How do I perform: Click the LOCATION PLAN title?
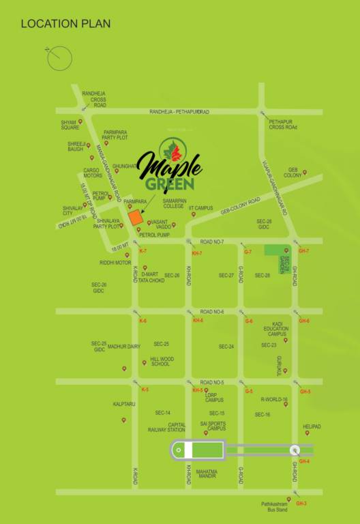65,24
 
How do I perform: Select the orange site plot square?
136,218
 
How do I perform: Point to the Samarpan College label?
174,203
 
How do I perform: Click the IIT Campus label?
200,207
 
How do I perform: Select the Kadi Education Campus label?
277,330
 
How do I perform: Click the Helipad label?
312,426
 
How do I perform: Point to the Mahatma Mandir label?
207,474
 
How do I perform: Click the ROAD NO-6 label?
212,310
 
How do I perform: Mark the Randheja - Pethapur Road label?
179,111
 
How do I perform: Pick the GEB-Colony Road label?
240,207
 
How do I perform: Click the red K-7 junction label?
142,252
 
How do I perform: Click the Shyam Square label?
70,125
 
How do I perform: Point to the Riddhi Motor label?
115,263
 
